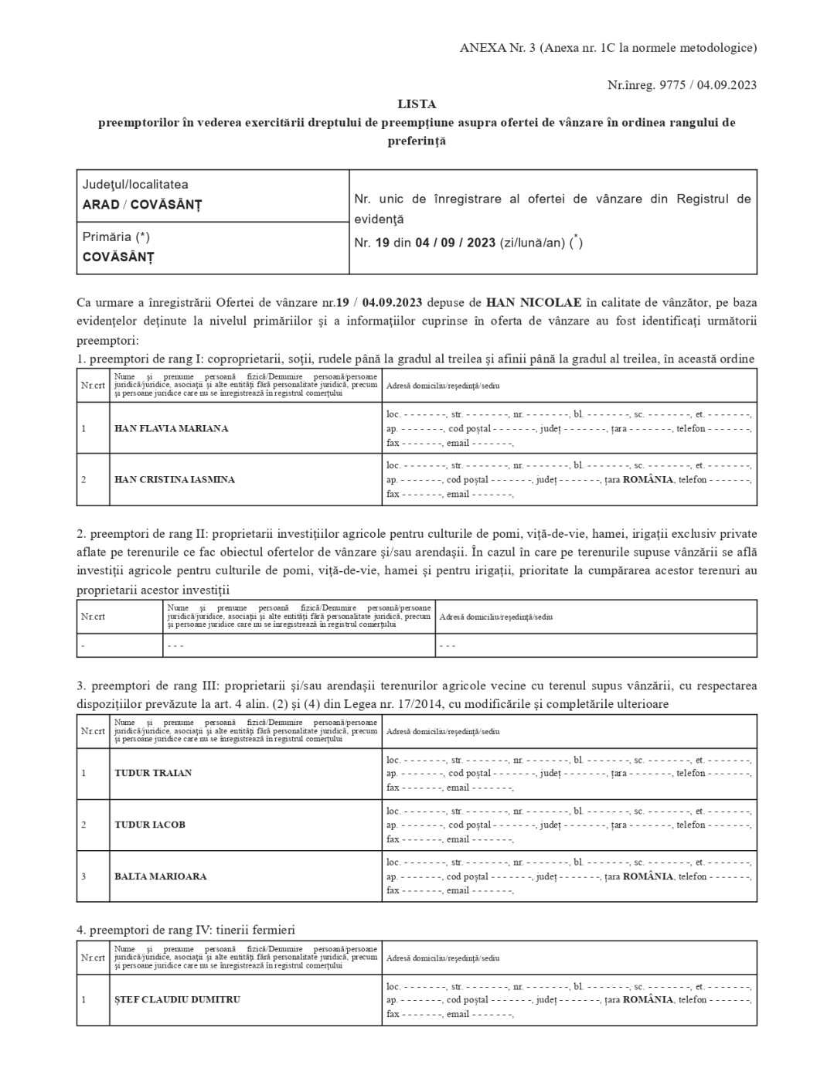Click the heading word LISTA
click(417, 104)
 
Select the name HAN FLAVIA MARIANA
click(171, 428)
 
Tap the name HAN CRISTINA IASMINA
click(174, 479)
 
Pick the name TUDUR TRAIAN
click(153, 773)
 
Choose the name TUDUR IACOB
click(150, 825)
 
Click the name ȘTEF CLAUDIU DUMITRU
click(177, 999)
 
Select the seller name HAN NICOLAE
click(534, 301)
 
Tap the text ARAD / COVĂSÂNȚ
click(141, 205)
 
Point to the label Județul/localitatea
click(135, 185)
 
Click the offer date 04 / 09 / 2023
click(455, 243)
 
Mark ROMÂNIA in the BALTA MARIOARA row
click(648, 876)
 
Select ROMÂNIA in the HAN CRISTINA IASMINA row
click(648, 479)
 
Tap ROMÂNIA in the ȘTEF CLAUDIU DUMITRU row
click(648, 999)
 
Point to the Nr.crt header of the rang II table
click(93, 617)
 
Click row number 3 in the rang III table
click(83, 876)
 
